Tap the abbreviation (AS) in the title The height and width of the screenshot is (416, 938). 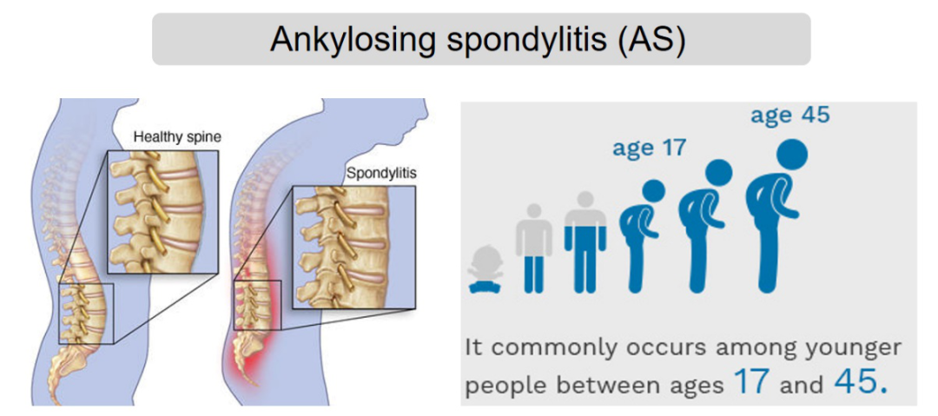[x=647, y=40]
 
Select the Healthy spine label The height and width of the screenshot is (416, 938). [x=177, y=136]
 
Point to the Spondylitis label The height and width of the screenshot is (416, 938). [x=381, y=175]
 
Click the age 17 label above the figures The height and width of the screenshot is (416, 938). [x=649, y=147]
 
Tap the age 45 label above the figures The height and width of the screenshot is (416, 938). [x=790, y=115]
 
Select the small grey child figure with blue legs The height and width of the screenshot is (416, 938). [x=533, y=248]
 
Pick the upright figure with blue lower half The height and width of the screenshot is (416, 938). [x=585, y=241]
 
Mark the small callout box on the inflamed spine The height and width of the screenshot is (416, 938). [x=257, y=305]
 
